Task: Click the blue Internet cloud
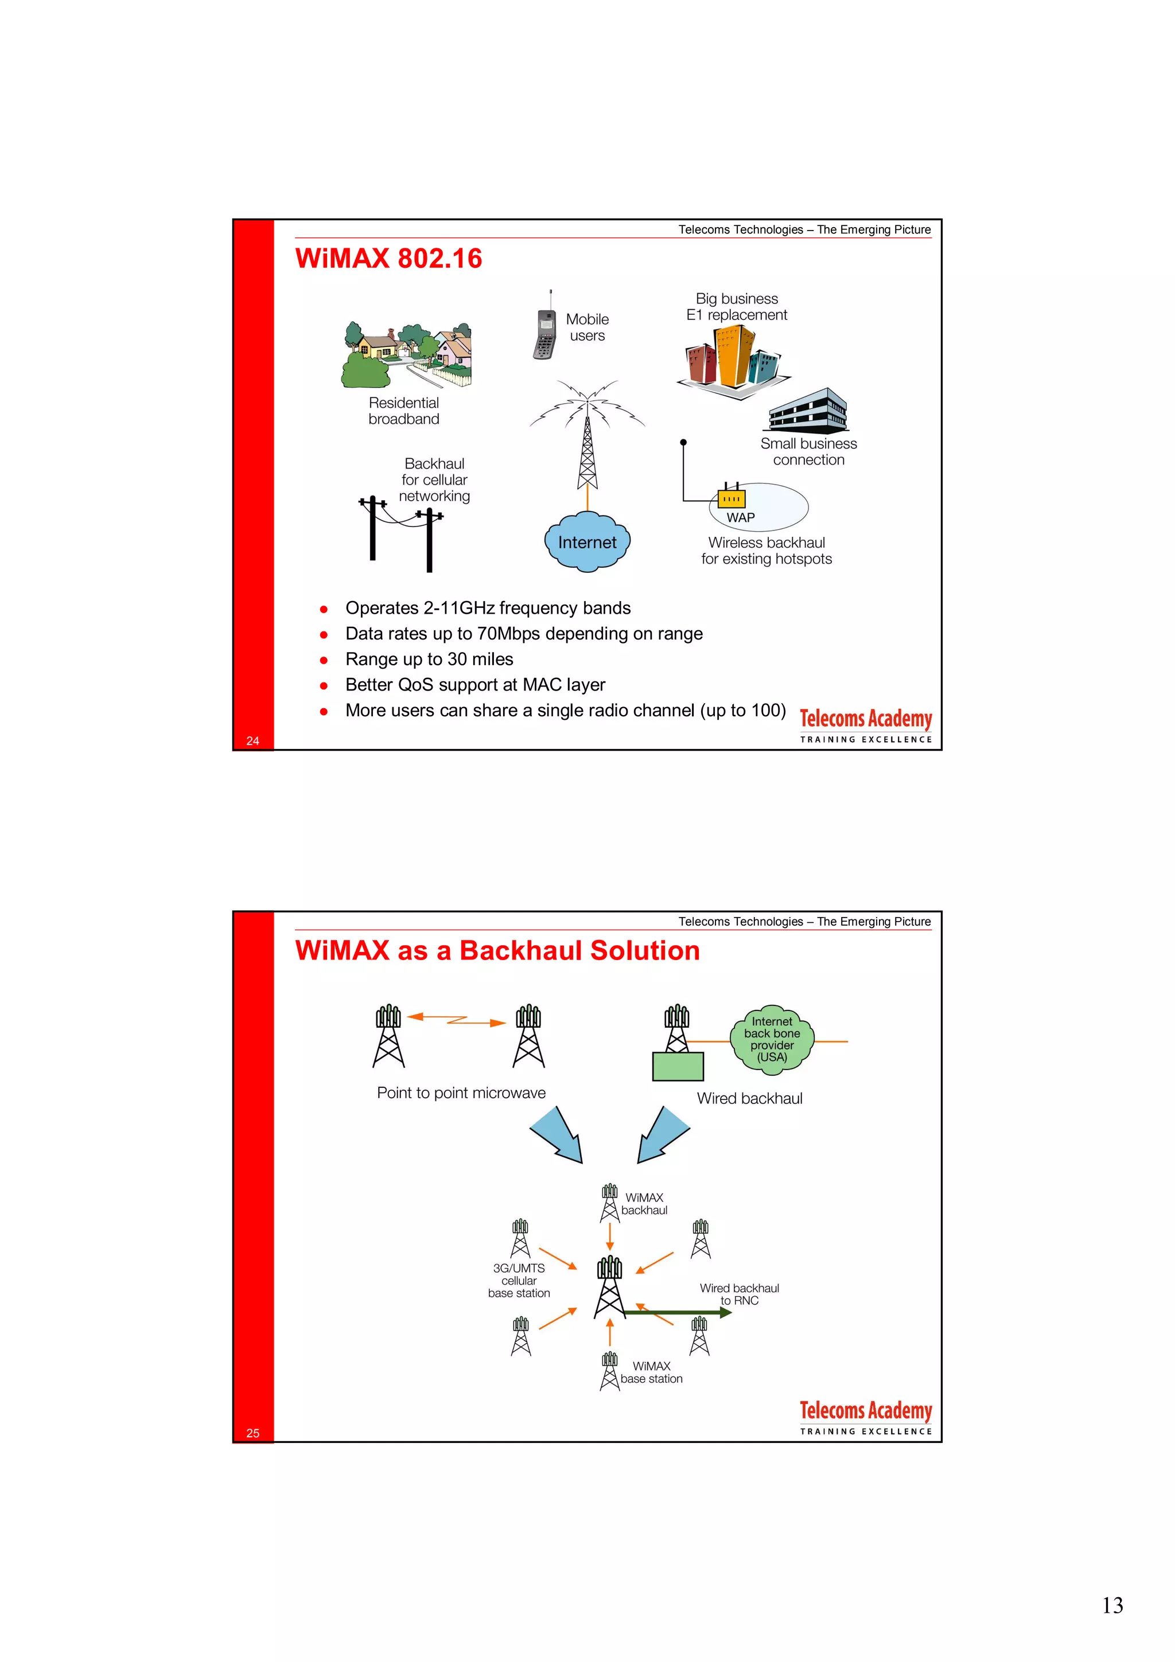coord(587,542)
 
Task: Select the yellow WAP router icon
coord(731,498)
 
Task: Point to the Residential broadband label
coord(403,411)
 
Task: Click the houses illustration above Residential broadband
coord(407,354)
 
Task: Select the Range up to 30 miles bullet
coord(429,659)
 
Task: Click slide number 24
coord(252,740)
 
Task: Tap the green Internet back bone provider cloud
coord(772,1040)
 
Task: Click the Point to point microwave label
coord(461,1093)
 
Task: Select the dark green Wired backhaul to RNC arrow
coord(677,1312)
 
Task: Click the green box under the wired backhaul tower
coord(678,1066)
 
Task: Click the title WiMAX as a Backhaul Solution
coord(497,950)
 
